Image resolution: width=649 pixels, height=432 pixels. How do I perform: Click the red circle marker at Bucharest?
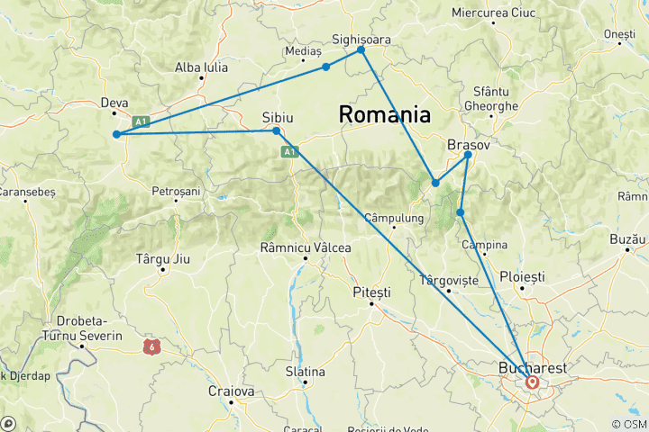pos(532,382)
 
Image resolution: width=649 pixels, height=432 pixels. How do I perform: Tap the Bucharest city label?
pos(533,368)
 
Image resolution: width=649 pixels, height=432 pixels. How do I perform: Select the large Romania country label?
pos(384,114)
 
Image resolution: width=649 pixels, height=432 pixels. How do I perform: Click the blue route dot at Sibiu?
pos(277,131)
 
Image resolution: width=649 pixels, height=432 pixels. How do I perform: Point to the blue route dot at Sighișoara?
pos(361,49)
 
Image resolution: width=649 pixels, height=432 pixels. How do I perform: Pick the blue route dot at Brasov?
pos(468,155)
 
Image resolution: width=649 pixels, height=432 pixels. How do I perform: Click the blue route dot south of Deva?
pos(116,135)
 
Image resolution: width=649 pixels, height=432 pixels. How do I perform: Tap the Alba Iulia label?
pos(201,67)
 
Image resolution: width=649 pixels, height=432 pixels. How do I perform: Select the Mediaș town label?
pos(303,51)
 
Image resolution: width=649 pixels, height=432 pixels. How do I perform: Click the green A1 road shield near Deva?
pos(140,121)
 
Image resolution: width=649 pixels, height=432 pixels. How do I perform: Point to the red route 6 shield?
pos(150,345)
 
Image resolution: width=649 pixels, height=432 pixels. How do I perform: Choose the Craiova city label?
pos(233,391)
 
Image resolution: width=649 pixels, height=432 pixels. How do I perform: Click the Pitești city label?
pos(371,293)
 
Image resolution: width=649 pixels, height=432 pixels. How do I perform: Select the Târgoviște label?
pos(449,280)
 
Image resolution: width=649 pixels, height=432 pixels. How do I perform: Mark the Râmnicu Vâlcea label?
pos(306,247)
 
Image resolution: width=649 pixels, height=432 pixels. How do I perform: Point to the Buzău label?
pos(628,239)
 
